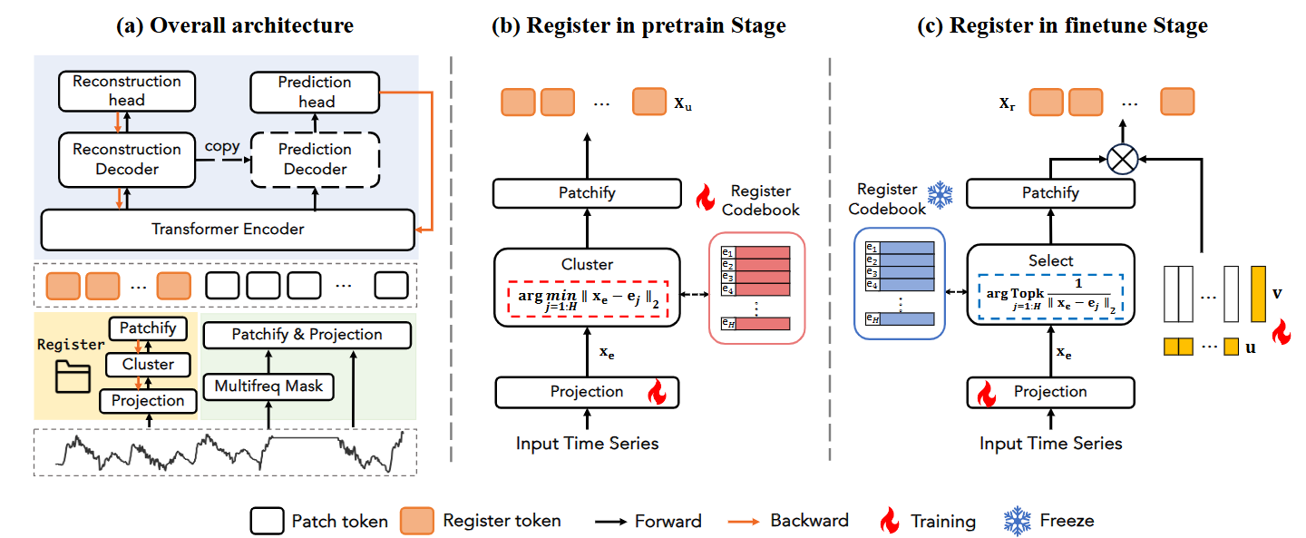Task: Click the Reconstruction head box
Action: [x=126, y=91]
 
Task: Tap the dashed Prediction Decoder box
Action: [x=314, y=159]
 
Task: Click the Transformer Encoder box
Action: [x=227, y=230]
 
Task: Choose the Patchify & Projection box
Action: [x=307, y=335]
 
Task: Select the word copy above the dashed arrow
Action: [x=222, y=146]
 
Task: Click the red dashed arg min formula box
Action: [x=587, y=298]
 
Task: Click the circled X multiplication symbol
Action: [x=1123, y=161]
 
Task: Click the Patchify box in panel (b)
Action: [x=586, y=193]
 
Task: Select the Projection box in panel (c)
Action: [x=1050, y=392]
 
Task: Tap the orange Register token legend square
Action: [x=418, y=521]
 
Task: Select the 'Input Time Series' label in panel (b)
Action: [x=587, y=444]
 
